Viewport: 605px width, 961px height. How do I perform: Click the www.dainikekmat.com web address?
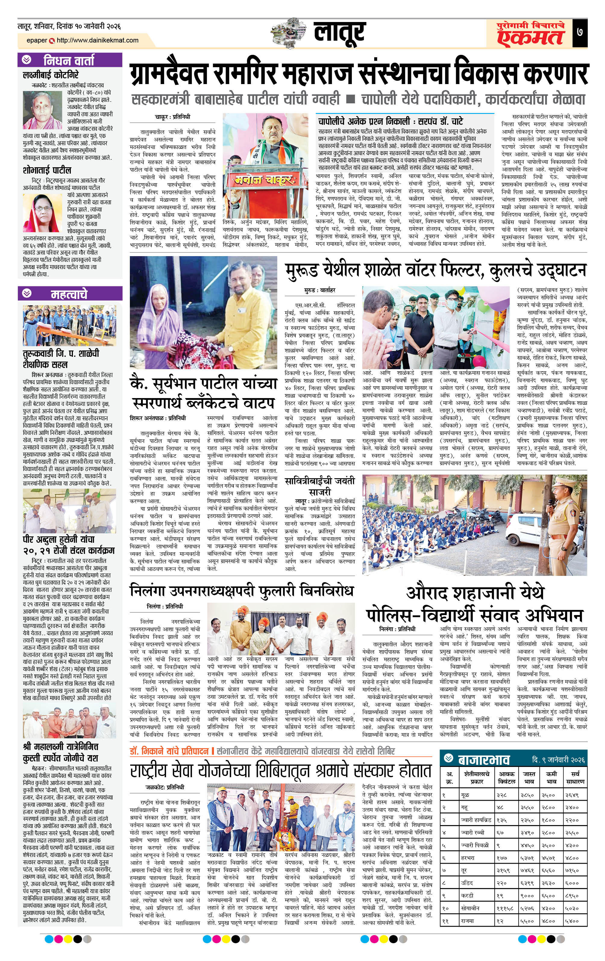point(97,40)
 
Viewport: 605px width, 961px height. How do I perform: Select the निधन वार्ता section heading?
point(69,60)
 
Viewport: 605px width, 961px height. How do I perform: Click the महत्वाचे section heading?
point(69,294)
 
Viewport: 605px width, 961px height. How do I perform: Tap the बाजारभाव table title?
point(483,759)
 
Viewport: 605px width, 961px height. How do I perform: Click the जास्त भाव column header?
point(529,777)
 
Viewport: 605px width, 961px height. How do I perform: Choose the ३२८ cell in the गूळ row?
point(502,795)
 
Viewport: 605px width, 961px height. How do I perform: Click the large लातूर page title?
point(339,33)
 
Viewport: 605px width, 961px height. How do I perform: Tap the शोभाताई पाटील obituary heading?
point(47,170)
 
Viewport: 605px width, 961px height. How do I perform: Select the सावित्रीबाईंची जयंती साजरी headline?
point(320,486)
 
